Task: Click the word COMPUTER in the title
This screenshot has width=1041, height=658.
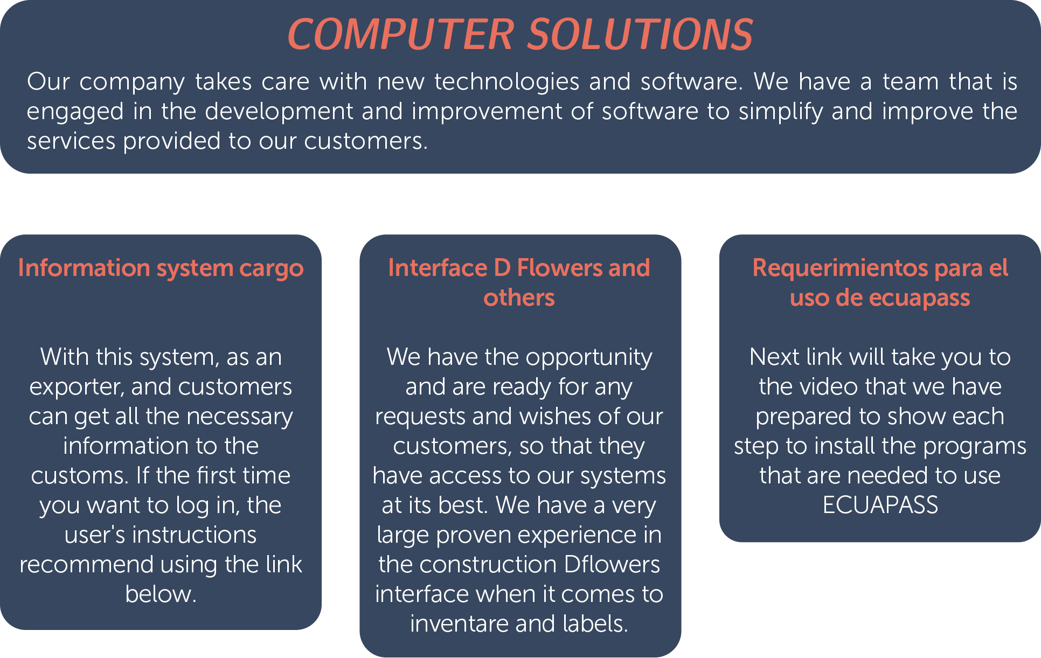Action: click(x=401, y=34)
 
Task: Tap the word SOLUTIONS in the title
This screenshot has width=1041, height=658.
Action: click(x=640, y=34)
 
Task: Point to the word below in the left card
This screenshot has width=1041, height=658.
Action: click(x=160, y=594)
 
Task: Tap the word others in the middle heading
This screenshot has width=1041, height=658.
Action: click(x=519, y=298)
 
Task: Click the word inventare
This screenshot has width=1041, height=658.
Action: click(x=459, y=624)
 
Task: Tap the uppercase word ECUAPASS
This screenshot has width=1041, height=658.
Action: click(x=880, y=505)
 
